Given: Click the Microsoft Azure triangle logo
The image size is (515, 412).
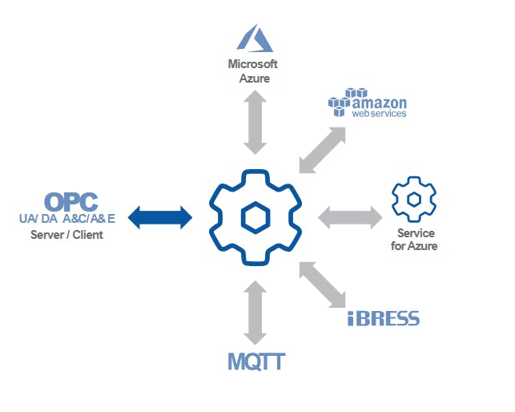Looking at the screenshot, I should tap(255, 38).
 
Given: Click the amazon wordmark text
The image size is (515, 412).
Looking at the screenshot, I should tap(380, 103).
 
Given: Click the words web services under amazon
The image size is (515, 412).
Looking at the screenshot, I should tap(380, 115).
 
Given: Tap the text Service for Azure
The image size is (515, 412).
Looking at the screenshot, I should tap(416, 240).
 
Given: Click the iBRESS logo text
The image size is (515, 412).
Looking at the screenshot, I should tap(384, 319).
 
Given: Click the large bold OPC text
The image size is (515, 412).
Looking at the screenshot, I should tap(71, 202).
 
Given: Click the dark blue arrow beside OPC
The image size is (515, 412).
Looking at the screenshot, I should tap(161, 216).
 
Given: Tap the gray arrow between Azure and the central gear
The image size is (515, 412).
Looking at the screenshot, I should tap(255, 123).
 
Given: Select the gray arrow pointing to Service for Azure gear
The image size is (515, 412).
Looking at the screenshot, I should tap(350, 216).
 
